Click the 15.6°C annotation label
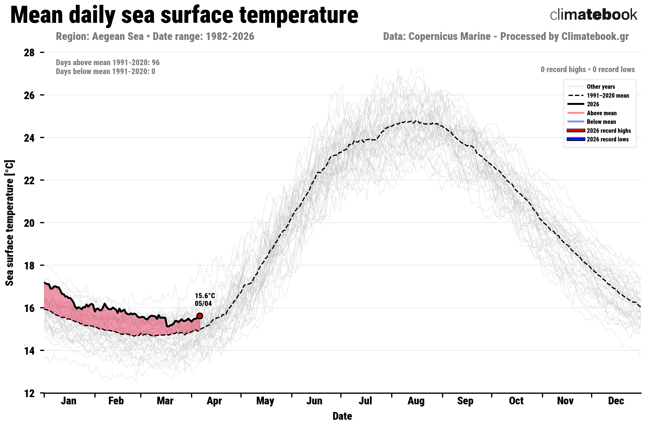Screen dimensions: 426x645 [x=204, y=296]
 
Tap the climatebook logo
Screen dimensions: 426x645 [x=593, y=15]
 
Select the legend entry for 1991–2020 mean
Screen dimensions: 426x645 [x=607, y=96]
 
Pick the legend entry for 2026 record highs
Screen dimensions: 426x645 [x=609, y=131]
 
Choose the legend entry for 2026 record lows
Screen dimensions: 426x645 [x=607, y=139]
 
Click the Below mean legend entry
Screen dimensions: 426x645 [x=601, y=122]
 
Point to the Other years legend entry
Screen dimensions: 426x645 [x=601, y=87]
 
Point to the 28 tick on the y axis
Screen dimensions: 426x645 [x=29, y=52]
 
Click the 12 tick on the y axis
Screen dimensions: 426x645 [x=29, y=393]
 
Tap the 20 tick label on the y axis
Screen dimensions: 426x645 [x=29, y=223]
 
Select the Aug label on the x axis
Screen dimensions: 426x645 [x=416, y=401]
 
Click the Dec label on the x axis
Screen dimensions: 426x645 [x=616, y=401]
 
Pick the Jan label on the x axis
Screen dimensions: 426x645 [x=69, y=401]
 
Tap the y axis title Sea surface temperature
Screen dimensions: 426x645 [x=10, y=223]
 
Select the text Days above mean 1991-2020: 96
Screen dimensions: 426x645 [x=108, y=63]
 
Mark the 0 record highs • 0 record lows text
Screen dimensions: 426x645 [x=587, y=70]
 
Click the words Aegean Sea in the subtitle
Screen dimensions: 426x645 [x=118, y=36]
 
